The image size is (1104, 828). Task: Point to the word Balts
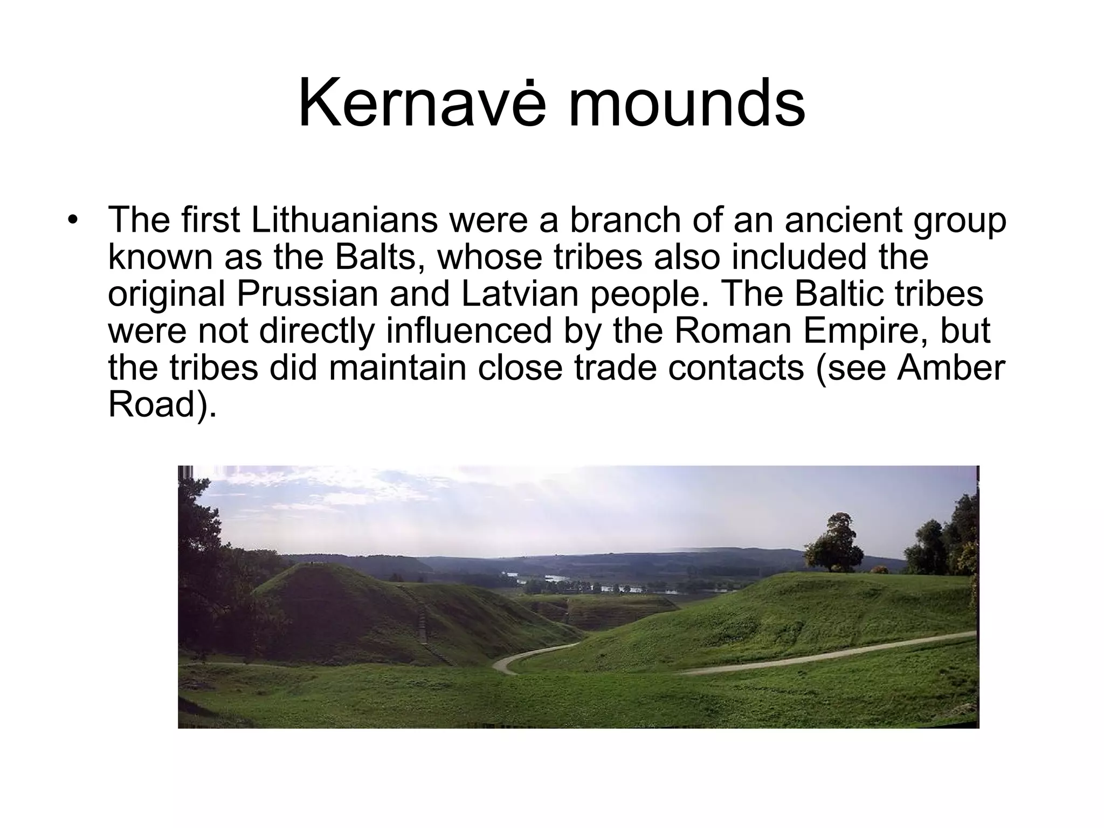pyautogui.click(x=376, y=257)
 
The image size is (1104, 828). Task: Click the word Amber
pyautogui.click(x=951, y=367)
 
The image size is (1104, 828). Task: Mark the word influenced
pyautogui.click(x=469, y=330)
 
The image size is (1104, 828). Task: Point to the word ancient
pyautogui.click(x=841, y=220)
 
